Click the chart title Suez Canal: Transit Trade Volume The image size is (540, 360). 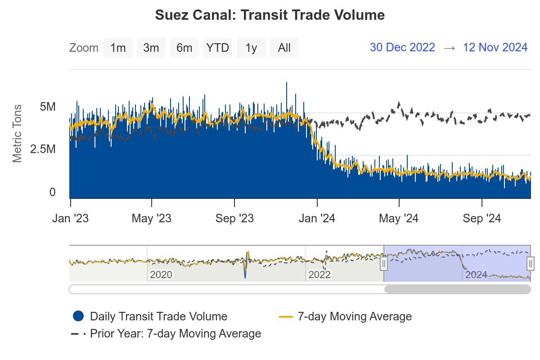tap(270, 15)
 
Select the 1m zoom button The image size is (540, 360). tap(118, 48)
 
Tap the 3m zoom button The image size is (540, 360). tap(151, 48)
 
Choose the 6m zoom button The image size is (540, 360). tap(184, 48)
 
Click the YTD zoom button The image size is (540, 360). tap(218, 48)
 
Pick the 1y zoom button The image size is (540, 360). tap(251, 48)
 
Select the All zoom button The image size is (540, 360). tap(284, 48)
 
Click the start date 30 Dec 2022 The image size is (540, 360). tap(402, 47)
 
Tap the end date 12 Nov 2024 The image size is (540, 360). tap(495, 47)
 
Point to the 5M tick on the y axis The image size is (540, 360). tap(48, 107)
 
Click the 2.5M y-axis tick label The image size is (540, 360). tap(43, 149)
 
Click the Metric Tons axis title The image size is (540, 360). tap(17, 133)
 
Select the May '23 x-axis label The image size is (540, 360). tap(152, 219)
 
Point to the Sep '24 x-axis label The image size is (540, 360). tap(481, 219)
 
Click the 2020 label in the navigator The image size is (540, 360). tap(161, 274)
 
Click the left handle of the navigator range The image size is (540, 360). tap(384, 263)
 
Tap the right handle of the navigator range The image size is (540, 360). tap(531, 263)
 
